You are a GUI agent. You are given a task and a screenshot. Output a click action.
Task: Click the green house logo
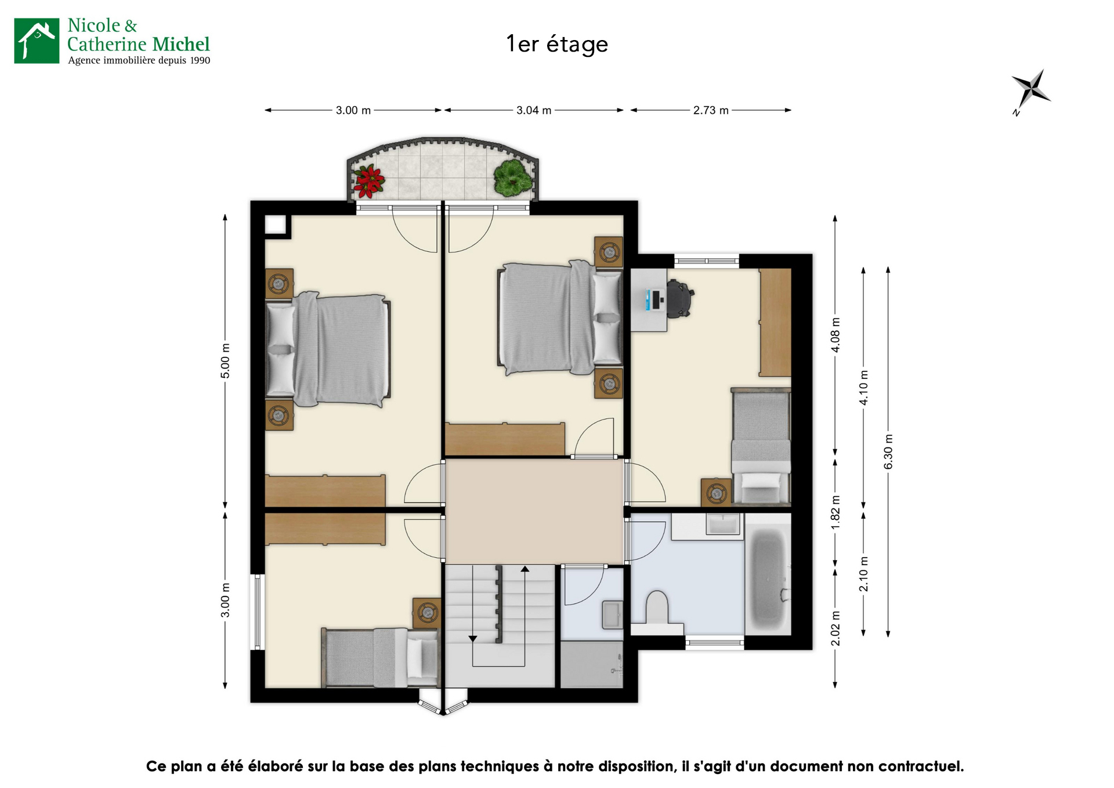[x=37, y=41]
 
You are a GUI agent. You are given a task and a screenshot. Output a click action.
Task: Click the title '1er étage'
[x=557, y=44]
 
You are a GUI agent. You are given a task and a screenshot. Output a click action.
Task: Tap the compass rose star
[x=1031, y=91]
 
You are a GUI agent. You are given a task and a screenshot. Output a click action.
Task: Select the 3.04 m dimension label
[x=534, y=110]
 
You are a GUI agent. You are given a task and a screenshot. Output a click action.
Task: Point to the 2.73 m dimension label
[x=711, y=110]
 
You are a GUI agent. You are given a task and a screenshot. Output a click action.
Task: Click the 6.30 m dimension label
[x=888, y=452]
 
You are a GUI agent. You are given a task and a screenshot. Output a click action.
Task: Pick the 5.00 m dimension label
[x=225, y=361]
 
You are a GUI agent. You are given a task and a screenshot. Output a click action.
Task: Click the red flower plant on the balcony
[x=369, y=180]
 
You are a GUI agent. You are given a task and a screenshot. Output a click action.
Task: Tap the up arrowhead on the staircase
[x=525, y=569]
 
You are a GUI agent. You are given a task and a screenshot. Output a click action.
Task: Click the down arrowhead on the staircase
[x=473, y=638]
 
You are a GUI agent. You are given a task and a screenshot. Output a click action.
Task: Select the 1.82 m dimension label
[x=835, y=512]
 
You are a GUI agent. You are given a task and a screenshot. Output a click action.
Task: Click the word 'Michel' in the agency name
[x=181, y=44]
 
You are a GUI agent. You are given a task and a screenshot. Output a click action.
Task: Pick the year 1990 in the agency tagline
[x=200, y=60]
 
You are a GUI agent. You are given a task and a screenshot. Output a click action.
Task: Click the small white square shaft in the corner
[x=276, y=225]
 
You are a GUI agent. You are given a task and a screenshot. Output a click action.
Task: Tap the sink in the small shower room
[x=612, y=615]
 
